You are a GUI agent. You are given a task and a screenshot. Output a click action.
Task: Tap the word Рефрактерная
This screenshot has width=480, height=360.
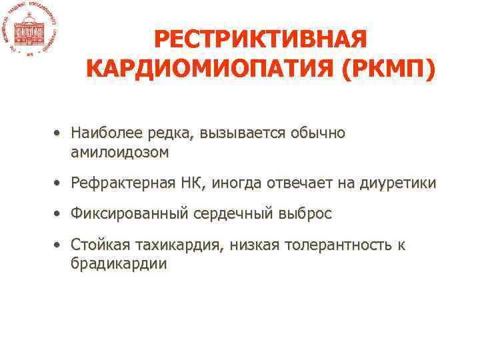tap(124, 182)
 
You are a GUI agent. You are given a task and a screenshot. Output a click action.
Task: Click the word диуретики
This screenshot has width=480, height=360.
tap(398, 183)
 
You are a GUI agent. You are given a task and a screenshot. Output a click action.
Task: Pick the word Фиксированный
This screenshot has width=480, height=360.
tap(131, 214)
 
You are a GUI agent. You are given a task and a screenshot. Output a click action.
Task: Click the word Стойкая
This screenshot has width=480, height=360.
tap(101, 245)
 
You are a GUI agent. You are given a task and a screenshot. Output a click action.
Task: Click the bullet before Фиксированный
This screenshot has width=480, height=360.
tap(60, 215)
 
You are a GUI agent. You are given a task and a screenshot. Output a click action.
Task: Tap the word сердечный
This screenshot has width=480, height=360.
tap(230, 214)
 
